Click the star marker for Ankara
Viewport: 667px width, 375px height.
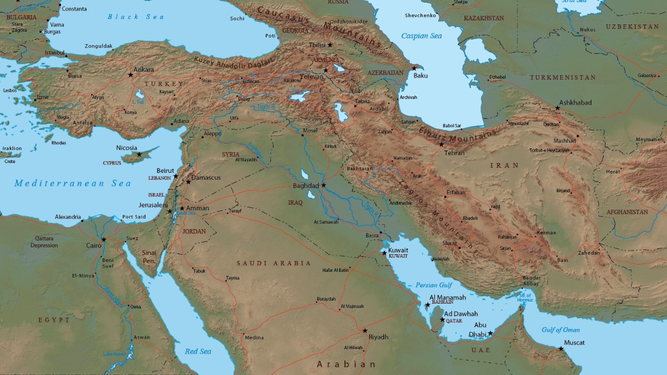point(131,75)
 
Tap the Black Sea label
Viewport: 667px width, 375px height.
point(135,17)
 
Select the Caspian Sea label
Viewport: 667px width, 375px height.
point(421,36)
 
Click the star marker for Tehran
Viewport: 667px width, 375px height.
point(441,145)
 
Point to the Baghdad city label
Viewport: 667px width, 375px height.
point(306,186)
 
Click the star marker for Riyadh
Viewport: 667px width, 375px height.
point(365,331)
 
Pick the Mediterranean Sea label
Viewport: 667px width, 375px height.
point(72,183)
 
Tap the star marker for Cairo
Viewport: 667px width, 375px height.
point(104,240)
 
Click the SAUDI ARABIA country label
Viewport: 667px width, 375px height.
point(274,264)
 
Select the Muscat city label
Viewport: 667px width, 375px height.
point(574,343)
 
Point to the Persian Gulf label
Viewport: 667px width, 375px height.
point(434,285)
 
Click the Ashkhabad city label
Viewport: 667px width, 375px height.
point(575,103)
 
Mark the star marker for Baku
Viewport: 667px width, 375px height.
point(414,68)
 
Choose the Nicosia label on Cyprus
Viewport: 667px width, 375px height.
point(127,148)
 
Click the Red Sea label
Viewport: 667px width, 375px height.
point(198,352)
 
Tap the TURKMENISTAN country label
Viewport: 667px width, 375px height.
point(563,78)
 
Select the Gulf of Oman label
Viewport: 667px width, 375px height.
point(561,330)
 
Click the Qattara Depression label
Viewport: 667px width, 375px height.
point(44,242)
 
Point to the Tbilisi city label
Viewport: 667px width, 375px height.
point(317,45)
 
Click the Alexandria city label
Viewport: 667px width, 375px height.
point(68,217)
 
